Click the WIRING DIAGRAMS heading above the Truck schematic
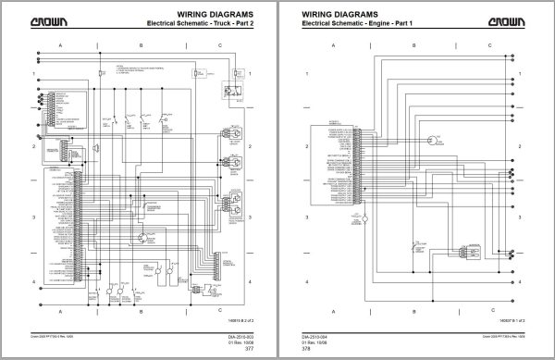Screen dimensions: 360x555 (x=226, y=11)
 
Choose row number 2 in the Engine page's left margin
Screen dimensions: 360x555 (x=307, y=146)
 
